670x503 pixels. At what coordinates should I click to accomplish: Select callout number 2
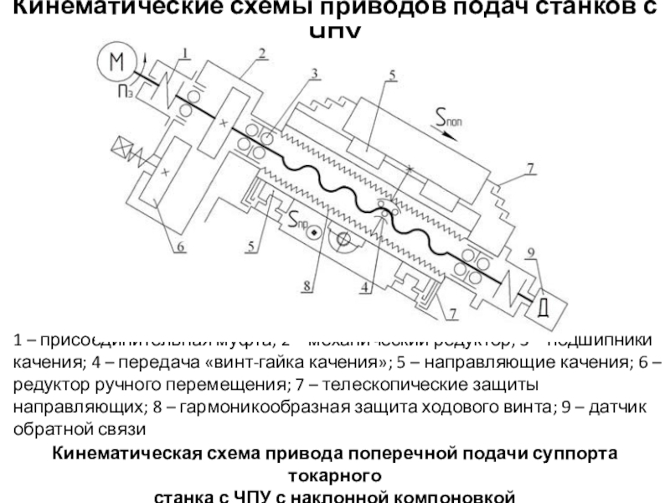pyautogui.click(x=262, y=54)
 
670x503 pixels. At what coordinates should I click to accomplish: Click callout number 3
pyautogui.click(x=314, y=73)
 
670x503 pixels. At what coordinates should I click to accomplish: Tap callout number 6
pyautogui.click(x=182, y=246)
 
